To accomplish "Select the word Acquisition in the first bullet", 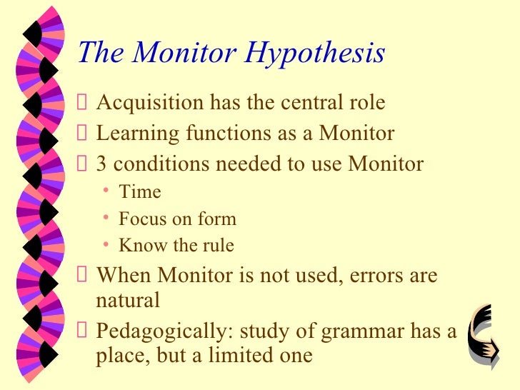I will click(x=149, y=103).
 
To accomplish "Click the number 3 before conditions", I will click(x=101, y=164).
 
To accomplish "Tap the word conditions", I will click(x=161, y=164).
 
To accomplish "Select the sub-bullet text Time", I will click(x=140, y=192).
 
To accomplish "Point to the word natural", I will click(x=128, y=301).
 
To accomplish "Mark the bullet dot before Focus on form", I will click(x=105, y=218).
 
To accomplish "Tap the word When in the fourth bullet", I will click(x=124, y=275).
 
